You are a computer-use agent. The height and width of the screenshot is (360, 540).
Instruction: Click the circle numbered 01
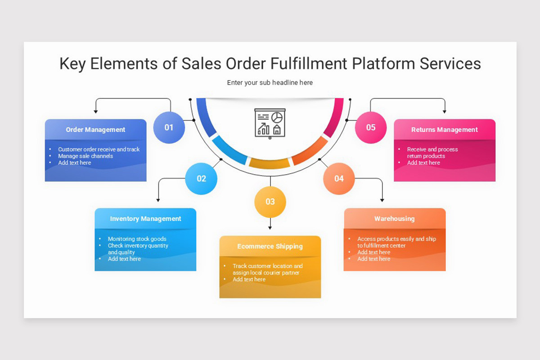[x=169, y=127]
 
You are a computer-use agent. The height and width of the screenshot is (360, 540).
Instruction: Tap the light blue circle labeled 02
[x=201, y=179]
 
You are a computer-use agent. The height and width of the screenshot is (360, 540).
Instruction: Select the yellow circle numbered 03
[x=270, y=202]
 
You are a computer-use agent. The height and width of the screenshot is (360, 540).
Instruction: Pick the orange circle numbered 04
[x=339, y=179]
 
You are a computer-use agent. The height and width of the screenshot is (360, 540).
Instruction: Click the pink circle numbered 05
[x=371, y=127]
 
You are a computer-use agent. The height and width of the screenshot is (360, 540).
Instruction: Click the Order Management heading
[x=95, y=130]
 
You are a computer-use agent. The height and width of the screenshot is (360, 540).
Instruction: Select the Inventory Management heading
[x=145, y=219]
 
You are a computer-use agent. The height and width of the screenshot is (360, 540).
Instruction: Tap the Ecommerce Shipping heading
[x=270, y=246]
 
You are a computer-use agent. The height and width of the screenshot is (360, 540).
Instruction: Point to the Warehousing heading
[x=394, y=219]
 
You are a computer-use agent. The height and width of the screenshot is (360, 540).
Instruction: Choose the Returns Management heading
[x=445, y=130]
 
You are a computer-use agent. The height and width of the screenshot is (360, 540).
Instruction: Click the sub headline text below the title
[x=270, y=83]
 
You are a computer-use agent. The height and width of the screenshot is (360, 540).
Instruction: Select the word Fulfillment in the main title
[x=309, y=64]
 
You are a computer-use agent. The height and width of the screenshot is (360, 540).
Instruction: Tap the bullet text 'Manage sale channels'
[x=85, y=156]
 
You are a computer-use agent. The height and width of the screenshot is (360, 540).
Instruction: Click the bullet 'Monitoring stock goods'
[x=137, y=239]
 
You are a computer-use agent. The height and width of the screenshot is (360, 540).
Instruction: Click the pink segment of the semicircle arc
[x=335, y=117]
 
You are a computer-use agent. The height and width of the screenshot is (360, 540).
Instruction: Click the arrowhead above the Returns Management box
[x=445, y=111]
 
